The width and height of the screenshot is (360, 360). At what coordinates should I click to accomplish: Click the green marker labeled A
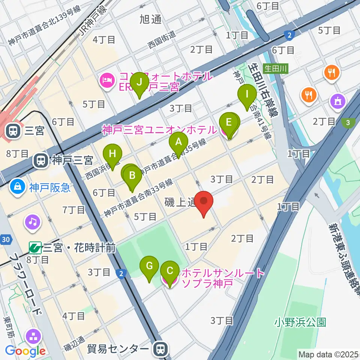178,142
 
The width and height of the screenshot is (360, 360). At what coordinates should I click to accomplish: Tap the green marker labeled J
139,82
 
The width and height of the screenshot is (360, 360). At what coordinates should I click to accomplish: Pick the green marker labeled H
113,154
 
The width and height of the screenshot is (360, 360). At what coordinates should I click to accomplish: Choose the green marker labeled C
169,271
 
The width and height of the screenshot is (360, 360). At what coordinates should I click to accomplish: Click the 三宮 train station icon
13,130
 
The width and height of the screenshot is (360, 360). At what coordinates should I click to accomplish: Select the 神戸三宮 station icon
40,161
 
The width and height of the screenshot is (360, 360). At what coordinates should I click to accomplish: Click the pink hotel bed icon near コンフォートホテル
107,80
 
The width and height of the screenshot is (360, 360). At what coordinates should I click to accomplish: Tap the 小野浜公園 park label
300,322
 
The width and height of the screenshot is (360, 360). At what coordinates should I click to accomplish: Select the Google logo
25,351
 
